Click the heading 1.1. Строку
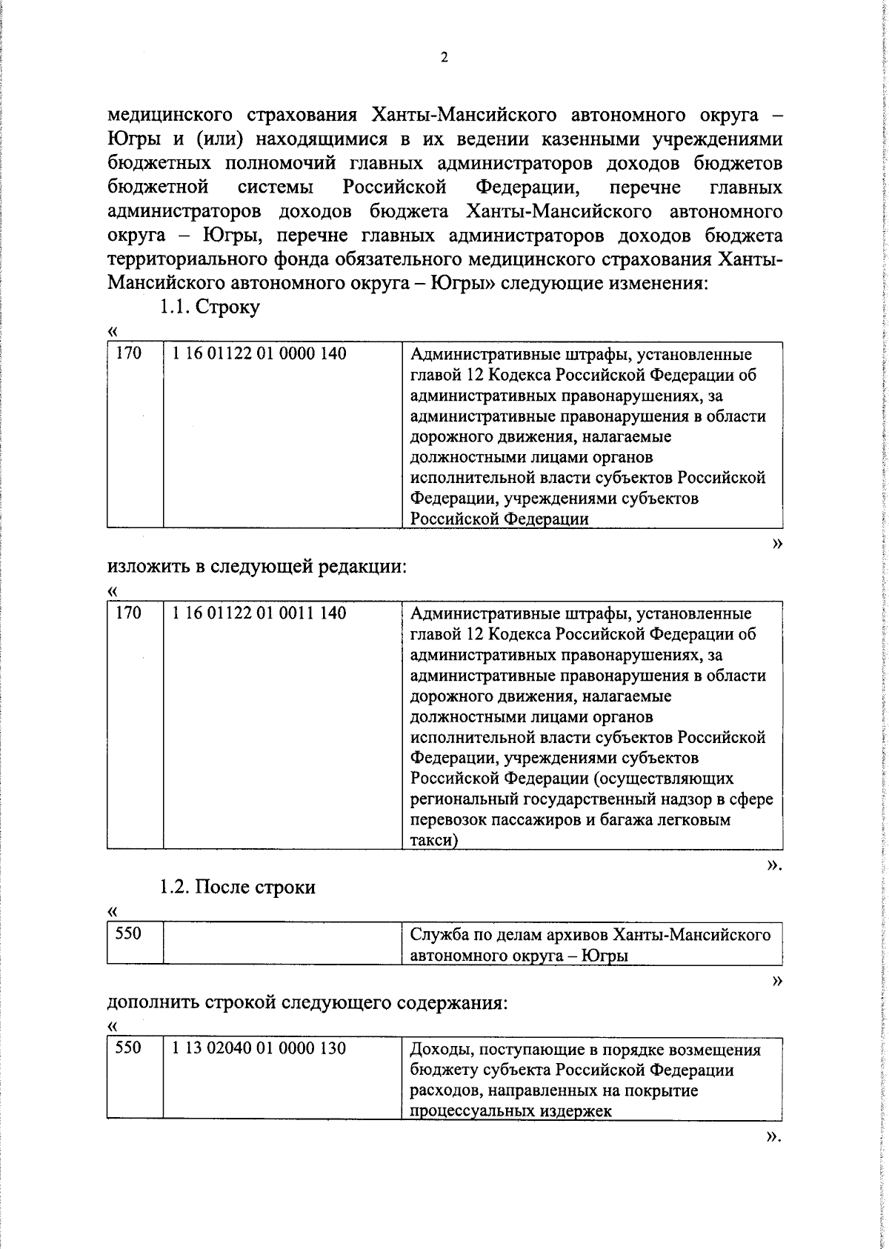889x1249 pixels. click(210, 307)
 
